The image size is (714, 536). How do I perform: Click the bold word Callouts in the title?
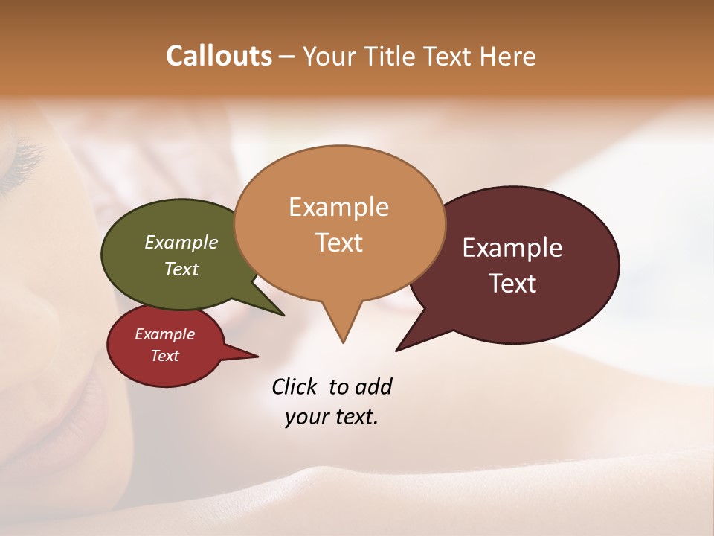coord(219,56)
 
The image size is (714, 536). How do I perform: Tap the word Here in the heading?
coord(508,56)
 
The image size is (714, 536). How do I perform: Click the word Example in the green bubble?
coord(181,242)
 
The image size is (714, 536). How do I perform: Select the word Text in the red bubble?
coord(164,356)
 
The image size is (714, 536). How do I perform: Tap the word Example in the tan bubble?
coord(338,207)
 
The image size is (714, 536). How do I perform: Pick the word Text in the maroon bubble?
coord(512,284)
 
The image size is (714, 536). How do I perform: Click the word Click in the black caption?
coord(295,386)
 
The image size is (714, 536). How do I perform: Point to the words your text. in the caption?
coord(331,417)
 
